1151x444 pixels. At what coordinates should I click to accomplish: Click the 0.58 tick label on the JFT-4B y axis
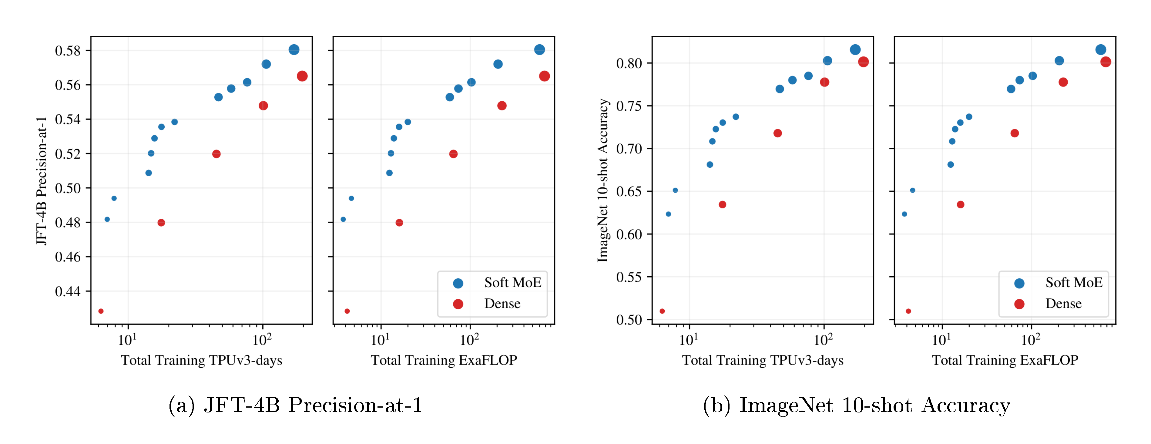pyautogui.click(x=68, y=51)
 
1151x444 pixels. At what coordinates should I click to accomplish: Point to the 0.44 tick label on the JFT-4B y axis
pyautogui.click(x=68, y=291)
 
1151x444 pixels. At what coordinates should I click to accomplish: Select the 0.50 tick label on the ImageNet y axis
pyautogui.click(x=629, y=320)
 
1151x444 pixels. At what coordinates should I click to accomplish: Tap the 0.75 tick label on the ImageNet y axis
pyautogui.click(x=629, y=106)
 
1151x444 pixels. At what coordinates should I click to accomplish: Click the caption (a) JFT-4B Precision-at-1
pyautogui.click(x=295, y=405)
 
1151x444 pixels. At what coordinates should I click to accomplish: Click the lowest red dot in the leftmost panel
pyautogui.click(x=101, y=311)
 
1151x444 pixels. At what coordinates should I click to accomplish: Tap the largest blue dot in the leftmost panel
pyautogui.click(x=294, y=50)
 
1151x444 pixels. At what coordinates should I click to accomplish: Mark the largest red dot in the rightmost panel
pyautogui.click(x=1106, y=62)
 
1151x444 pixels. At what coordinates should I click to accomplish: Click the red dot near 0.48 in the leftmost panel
pyautogui.click(x=161, y=223)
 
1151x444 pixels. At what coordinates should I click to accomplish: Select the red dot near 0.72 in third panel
pyautogui.click(x=777, y=133)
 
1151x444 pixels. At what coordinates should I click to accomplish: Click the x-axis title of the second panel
pyautogui.click(x=444, y=360)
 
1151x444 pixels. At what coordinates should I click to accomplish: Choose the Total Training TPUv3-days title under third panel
pyautogui.click(x=762, y=360)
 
